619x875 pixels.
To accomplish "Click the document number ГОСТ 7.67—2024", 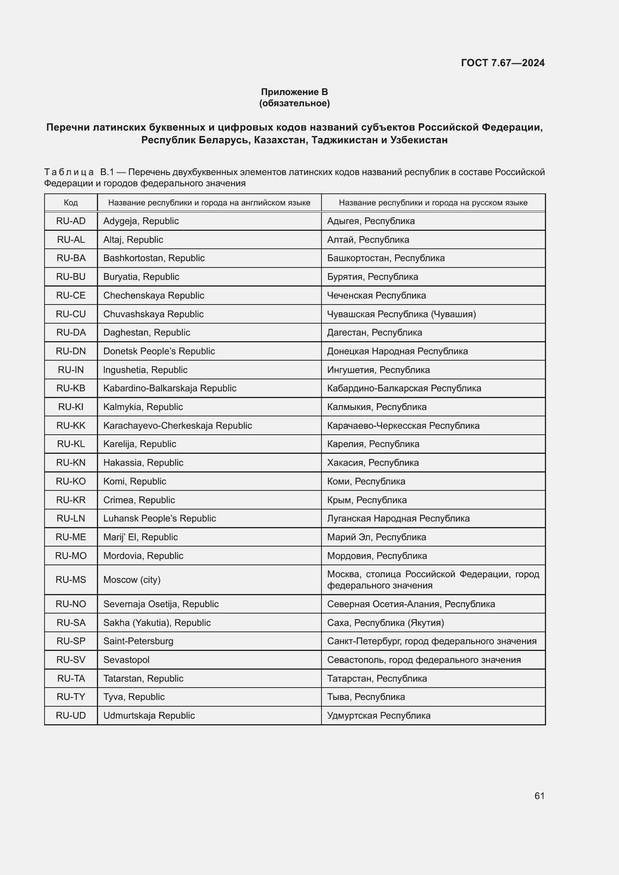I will (502, 63).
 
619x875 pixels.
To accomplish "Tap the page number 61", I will (539, 796).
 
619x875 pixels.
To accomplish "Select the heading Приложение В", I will (294, 92).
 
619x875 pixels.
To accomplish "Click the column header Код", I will (71, 203).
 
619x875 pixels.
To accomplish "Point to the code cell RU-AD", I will (71, 221).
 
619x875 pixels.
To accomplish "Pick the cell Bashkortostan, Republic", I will (154, 258).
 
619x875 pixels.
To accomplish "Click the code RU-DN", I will (71, 351).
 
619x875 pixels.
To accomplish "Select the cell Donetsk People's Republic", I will (159, 351).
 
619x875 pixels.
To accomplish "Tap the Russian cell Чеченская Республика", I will (376, 296).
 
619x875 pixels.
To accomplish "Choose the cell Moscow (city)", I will (132, 579).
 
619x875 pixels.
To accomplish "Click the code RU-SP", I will (71, 641).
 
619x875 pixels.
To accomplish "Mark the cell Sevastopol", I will (126, 660).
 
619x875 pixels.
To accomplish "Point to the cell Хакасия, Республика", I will (373, 463).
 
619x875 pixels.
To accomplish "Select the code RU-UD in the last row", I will (71, 715).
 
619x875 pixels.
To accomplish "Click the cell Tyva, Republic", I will (134, 697).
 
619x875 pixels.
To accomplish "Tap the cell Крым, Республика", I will (367, 500).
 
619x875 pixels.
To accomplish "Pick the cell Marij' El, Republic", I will (140, 537).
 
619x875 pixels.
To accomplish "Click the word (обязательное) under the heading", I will (294, 103).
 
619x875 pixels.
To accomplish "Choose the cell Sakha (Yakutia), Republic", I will (157, 623).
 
